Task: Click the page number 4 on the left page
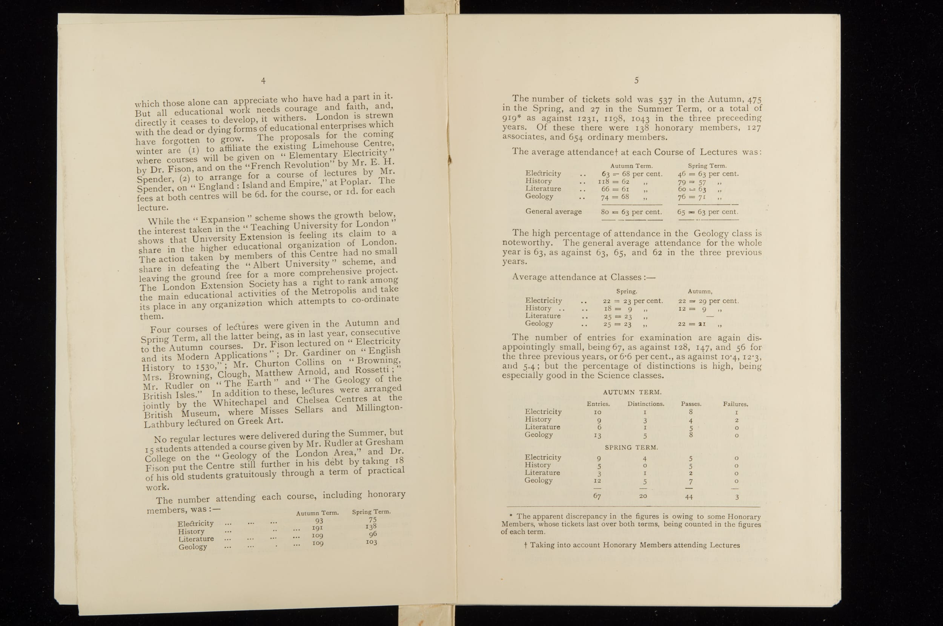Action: (263, 81)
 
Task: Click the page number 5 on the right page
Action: (636, 81)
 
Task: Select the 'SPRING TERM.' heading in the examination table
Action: (631, 448)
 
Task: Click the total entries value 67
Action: (597, 496)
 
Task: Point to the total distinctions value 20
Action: (643, 496)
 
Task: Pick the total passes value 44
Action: (689, 497)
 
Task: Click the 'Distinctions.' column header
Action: (645, 404)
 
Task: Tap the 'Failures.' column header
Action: (736, 404)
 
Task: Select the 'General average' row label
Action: (553, 212)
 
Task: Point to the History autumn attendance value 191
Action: (317, 528)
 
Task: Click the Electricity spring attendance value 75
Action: (373, 519)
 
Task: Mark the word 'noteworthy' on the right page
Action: (527, 243)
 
